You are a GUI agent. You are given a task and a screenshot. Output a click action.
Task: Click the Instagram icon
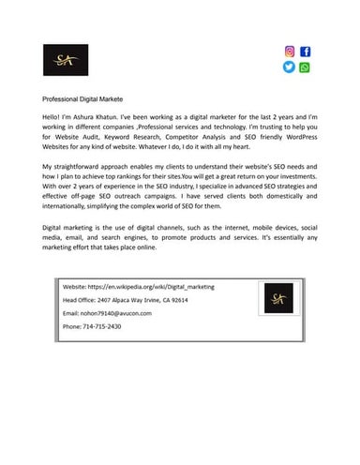[289, 52]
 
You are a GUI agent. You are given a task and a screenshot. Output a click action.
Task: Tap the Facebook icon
[306, 52]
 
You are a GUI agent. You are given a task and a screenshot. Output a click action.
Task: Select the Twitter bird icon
[289, 67]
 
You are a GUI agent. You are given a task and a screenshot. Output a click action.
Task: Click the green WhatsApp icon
[306, 67]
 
